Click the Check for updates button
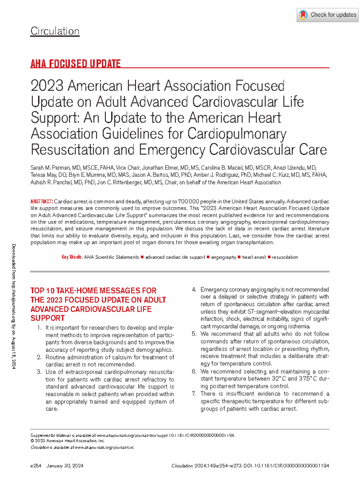coord(328,15)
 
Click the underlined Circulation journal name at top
coord(55,31)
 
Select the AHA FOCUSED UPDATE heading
coord(75,64)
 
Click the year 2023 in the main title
coord(47,86)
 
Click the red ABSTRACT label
coord(42,201)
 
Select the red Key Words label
coord(72,257)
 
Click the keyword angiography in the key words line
coord(223,257)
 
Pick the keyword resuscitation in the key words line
coord(285,257)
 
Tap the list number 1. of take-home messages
coord(39,328)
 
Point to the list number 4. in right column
coord(194,290)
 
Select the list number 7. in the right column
coord(194,393)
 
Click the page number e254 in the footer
coord(36,466)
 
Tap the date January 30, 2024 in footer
coord(65,466)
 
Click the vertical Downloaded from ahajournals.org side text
coord(14,306)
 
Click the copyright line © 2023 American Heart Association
coord(67,441)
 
